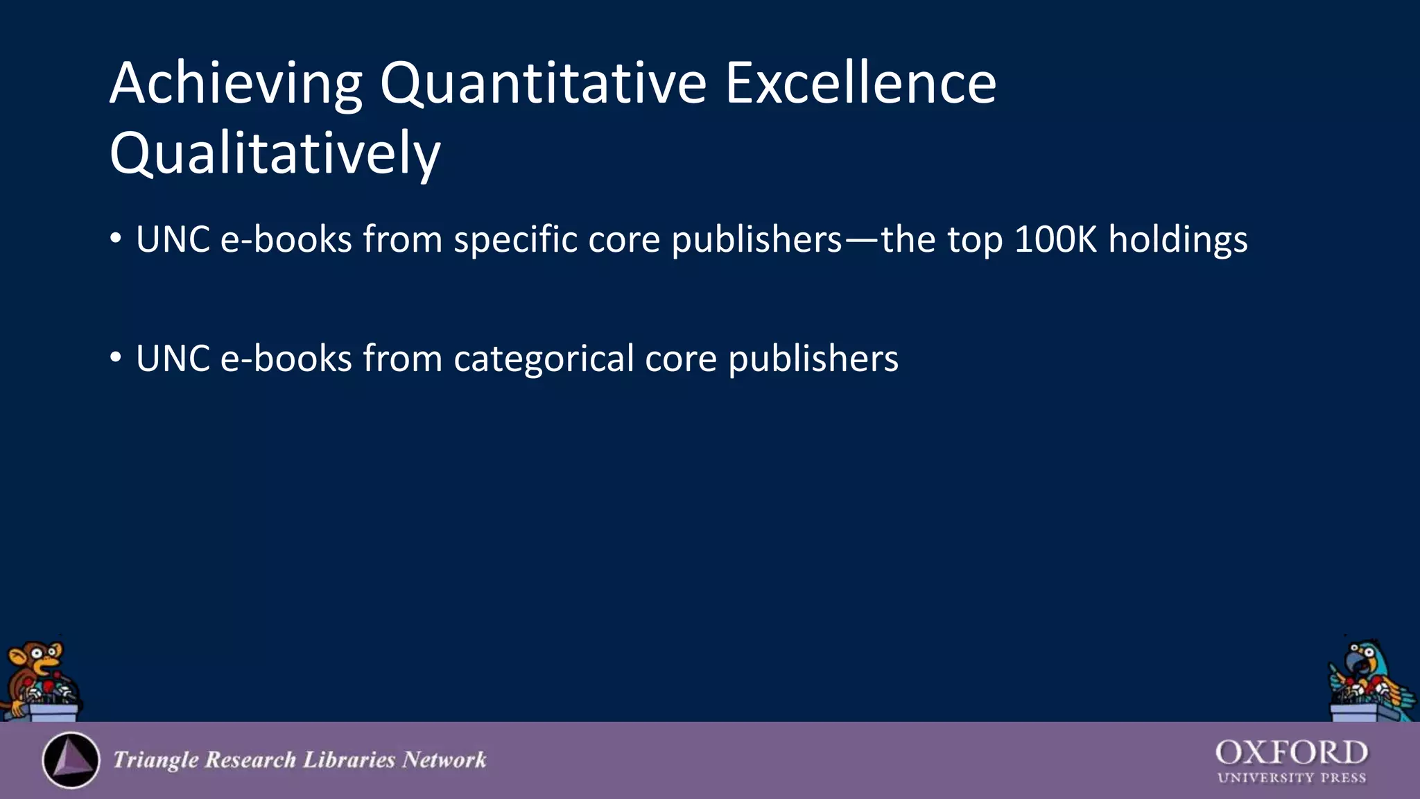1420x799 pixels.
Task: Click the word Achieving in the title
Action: click(236, 85)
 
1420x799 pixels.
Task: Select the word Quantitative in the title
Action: click(543, 85)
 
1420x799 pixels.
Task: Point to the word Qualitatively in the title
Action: click(275, 154)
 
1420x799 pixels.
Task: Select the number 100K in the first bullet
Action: click(1055, 240)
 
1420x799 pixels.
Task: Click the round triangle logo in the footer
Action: click(71, 760)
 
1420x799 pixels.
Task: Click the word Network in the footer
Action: click(444, 760)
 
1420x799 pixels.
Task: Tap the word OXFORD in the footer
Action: click(1291, 753)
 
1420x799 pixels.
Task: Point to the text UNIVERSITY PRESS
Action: click(1291, 778)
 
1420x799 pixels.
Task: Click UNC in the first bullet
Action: click(173, 240)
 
